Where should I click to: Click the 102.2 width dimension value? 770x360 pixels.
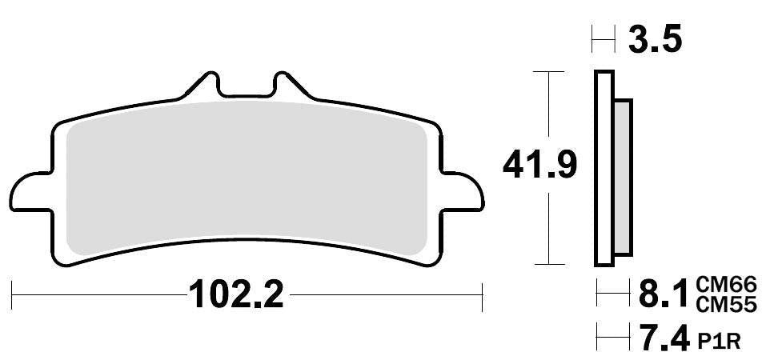236,297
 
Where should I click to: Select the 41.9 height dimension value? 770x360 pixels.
539,166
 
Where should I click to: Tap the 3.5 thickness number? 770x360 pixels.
655,38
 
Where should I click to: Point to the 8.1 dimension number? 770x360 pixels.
661,295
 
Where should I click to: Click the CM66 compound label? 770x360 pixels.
726,285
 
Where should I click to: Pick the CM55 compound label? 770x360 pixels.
726,305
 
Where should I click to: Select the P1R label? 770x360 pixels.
719,342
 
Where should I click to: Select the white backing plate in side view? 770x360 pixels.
603,168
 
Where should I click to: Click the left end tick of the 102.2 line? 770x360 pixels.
14,296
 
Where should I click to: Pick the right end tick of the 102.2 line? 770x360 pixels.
483,296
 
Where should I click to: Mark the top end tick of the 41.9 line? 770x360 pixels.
548,72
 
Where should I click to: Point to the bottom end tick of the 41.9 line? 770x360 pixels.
548,264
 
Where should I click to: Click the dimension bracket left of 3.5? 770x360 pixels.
603,38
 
